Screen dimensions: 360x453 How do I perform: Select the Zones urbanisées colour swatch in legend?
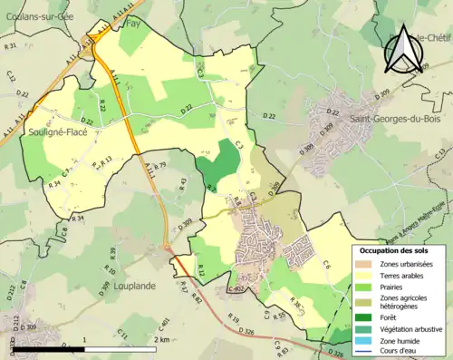pos(364,264)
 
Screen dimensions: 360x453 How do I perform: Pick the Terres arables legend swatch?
pos(364,277)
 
